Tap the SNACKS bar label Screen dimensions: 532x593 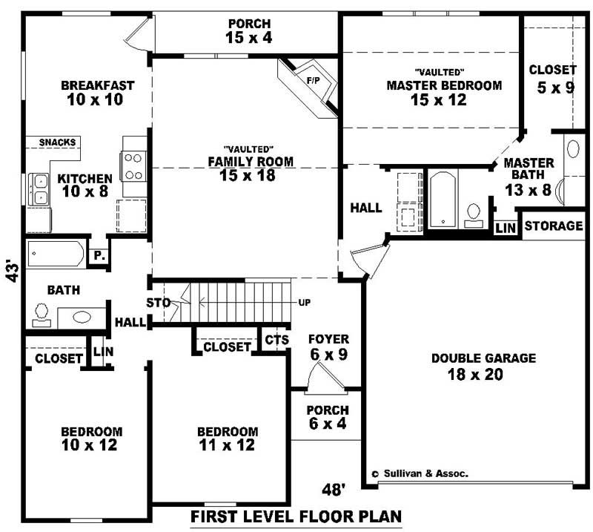point(54,142)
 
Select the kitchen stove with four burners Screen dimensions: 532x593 point(134,166)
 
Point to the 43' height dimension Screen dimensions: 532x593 point(11,270)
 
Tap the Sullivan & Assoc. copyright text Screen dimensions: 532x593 point(420,473)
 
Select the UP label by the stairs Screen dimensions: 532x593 point(304,303)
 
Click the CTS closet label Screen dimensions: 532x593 point(275,340)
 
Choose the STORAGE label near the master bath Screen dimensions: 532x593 point(554,226)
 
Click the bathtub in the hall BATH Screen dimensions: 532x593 point(56,254)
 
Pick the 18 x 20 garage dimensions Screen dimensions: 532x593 point(475,375)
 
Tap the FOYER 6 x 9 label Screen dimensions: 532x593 point(328,347)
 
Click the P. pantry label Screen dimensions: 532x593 point(99,255)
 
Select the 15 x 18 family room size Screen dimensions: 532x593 point(247,176)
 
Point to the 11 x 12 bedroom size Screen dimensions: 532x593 point(227,445)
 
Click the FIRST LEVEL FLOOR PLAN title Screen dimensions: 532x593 point(296,516)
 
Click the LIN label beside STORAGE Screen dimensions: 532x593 point(506,227)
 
